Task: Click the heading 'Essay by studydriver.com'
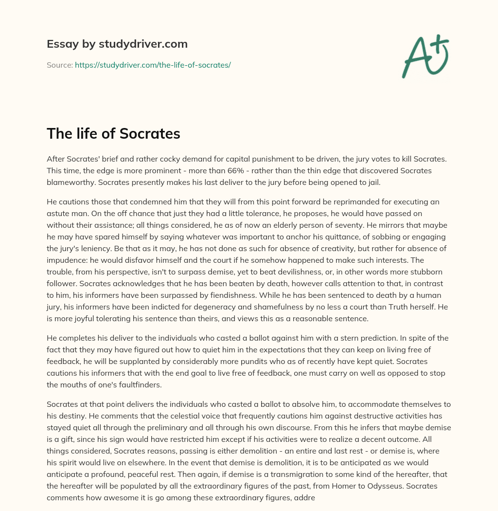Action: tap(117, 44)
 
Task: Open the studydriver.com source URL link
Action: tap(152, 65)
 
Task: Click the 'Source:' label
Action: tap(59, 65)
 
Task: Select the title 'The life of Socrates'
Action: tap(113, 134)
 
